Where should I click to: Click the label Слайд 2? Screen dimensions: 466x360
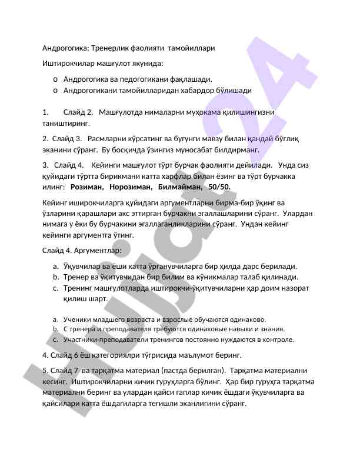(78, 112)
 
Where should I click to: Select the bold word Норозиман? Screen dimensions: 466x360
(128, 187)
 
